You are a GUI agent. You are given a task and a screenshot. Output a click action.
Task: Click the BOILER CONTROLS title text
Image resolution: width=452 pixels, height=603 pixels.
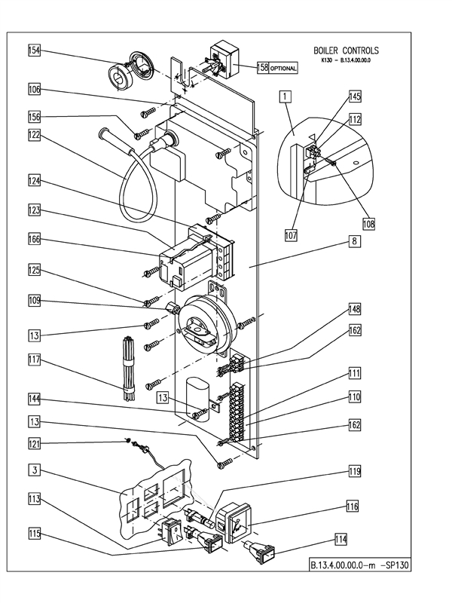(346, 51)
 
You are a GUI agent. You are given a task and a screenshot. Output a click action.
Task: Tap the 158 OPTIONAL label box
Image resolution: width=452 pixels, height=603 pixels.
(278, 67)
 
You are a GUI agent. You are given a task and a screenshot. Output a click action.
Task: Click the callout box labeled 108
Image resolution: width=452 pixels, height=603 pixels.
(368, 223)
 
